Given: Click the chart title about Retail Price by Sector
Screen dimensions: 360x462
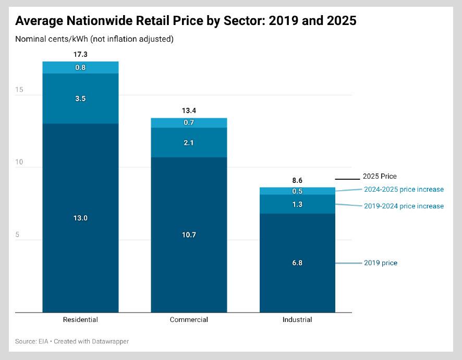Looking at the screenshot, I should pyautogui.click(x=186, y=21).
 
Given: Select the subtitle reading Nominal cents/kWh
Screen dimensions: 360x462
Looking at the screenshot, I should pyautogui.click(x=94, y=39).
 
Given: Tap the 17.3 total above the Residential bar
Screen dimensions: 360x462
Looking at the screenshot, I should pyautogui.click(x=80, y=54).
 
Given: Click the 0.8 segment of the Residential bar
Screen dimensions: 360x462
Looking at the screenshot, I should pyautogui.click(x=80, y=67).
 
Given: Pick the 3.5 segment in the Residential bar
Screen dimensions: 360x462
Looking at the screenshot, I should pyautogui.click(x=80, y=98).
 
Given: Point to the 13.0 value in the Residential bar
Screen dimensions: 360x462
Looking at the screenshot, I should pyautogui.click(x=80, y=218).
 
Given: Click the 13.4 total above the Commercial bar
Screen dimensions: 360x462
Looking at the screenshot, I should pyautogui.click(x=189, y=110).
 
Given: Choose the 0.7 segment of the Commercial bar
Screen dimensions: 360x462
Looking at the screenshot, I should pyautogui.click(x=189, y=122).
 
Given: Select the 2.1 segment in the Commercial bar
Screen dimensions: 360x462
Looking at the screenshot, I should pyautogui.click(x=189, y=142).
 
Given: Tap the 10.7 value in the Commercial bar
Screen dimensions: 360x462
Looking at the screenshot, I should pyautogui.click(x=189, y=234).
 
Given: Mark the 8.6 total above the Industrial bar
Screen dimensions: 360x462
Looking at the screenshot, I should pyautogui.click(x=297, y=180).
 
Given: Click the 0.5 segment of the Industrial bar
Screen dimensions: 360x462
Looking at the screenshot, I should pyautogui.click(x=297, y=191).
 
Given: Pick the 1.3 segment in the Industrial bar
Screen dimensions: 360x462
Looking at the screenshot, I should pyautogui.click(x=297, y=204).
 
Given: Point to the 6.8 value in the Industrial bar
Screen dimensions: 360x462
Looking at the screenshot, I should pyautogui.click(x=297, y=263).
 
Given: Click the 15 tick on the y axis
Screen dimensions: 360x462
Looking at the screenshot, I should pyautogui.click(x=19, y=90).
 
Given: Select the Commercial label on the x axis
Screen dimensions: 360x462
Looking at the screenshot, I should pyautogui.click(x=189, y=320).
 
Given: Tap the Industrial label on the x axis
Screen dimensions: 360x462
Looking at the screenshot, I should pyautogui.click(x=297, y=320).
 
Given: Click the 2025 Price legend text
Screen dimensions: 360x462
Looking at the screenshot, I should pyautogui.click(x=380, y=177).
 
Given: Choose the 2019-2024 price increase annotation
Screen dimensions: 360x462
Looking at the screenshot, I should pyautogui.click(x=404, y=206).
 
